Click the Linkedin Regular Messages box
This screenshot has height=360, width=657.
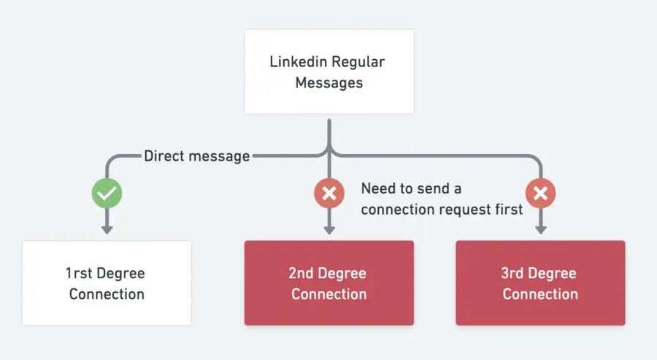coord(328,72)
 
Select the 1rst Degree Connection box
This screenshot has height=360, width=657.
coord(107,283)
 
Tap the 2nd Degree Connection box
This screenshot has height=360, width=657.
coord(328,283)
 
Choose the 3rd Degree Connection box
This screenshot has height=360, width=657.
coord(540,283)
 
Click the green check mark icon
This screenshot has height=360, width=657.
coord(107,194)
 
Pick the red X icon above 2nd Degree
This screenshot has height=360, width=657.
coord(329,194)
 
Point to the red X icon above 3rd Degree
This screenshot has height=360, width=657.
coord(540,194)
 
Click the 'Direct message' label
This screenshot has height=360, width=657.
coord(196,156)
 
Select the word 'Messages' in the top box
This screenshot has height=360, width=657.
coord(328,82)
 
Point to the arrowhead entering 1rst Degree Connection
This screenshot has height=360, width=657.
coord(107,230)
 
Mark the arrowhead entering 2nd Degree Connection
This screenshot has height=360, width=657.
coord(329,230)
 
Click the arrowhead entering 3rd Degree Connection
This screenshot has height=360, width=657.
coord(540,230)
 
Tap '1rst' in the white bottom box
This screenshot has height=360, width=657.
coord(80,274)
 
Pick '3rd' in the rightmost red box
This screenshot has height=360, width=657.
coord(515,274)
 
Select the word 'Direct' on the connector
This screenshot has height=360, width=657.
coord(165,156)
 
